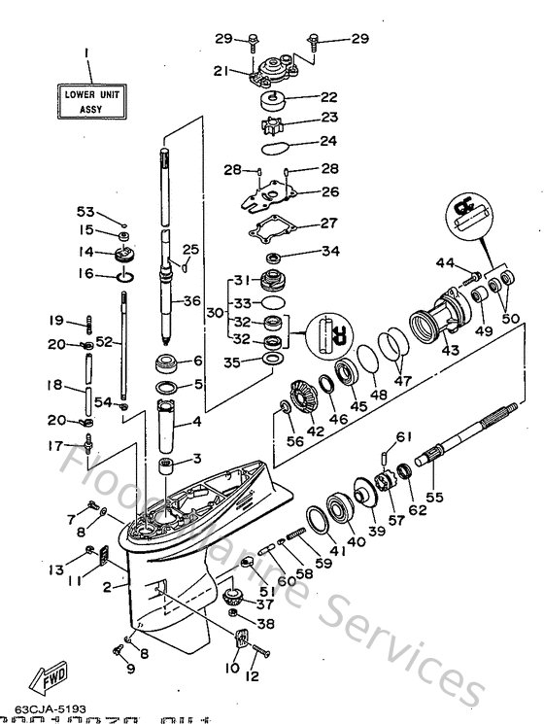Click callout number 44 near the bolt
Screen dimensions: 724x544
coord(445,262)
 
